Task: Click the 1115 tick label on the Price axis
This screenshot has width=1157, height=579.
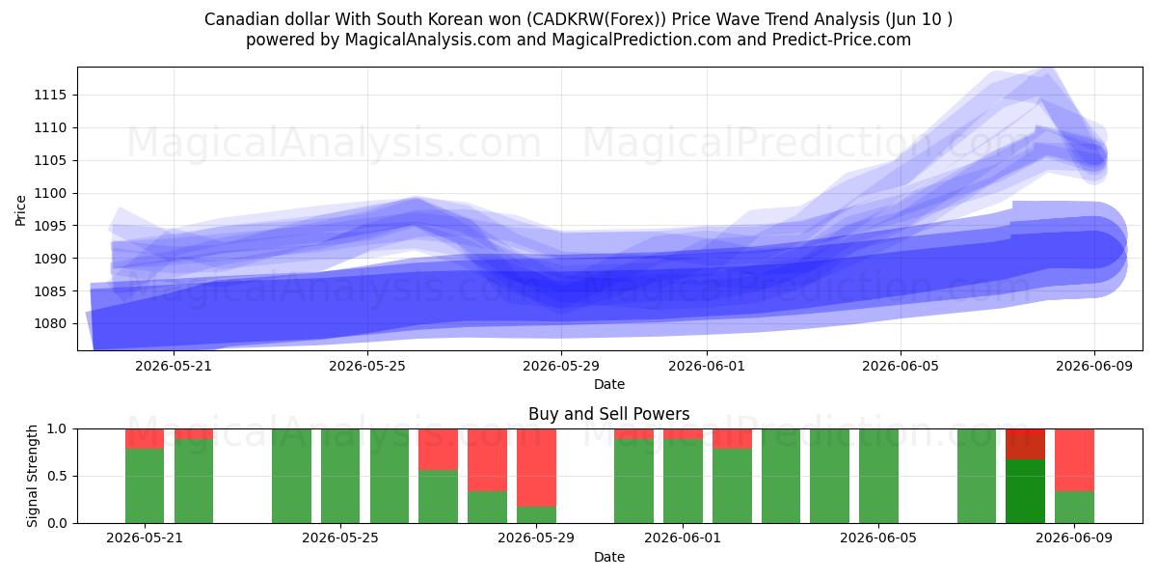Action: [50, 96]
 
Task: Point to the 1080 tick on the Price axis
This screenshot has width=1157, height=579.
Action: [50, 324]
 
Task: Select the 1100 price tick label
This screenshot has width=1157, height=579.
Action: [50, 193]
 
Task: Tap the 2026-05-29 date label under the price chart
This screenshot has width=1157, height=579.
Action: [561, 367]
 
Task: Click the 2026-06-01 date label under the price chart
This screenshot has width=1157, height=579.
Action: [707, 367]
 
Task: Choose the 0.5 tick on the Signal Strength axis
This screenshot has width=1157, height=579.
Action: [56, 476]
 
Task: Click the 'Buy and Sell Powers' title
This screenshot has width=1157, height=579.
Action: [609, 414]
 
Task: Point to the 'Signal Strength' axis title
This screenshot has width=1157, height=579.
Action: [32, 476]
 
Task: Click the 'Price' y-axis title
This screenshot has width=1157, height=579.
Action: [20, 210]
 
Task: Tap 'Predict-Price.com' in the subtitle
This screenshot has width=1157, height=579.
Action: [842, 41]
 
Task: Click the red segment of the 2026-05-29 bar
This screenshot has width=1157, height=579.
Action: [537, 468]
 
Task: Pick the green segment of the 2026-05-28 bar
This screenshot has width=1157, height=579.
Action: [488, 508]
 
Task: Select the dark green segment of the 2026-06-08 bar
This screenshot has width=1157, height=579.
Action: [1025, 491]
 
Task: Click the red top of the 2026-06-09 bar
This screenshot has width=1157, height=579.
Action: [1074, 460]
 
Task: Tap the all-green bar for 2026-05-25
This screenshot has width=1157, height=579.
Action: [340, 476]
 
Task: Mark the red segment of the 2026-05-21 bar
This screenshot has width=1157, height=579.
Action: [145, 439]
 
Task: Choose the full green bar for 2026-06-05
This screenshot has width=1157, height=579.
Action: [878, 476]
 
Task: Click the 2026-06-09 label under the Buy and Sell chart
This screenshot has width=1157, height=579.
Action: [1074, 538]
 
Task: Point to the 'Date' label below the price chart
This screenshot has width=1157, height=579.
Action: [609, 385]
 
